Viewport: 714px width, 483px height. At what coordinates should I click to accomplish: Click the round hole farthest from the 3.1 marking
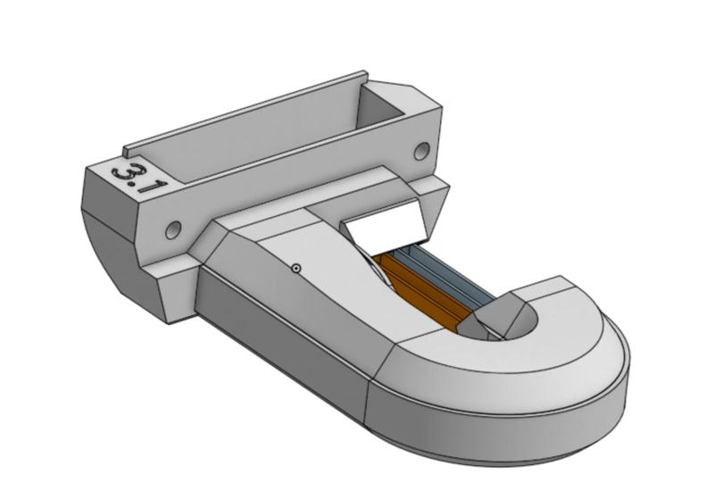422,150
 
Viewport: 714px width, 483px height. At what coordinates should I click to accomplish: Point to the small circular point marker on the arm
296,267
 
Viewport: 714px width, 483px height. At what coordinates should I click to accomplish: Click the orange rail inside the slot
419,285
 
